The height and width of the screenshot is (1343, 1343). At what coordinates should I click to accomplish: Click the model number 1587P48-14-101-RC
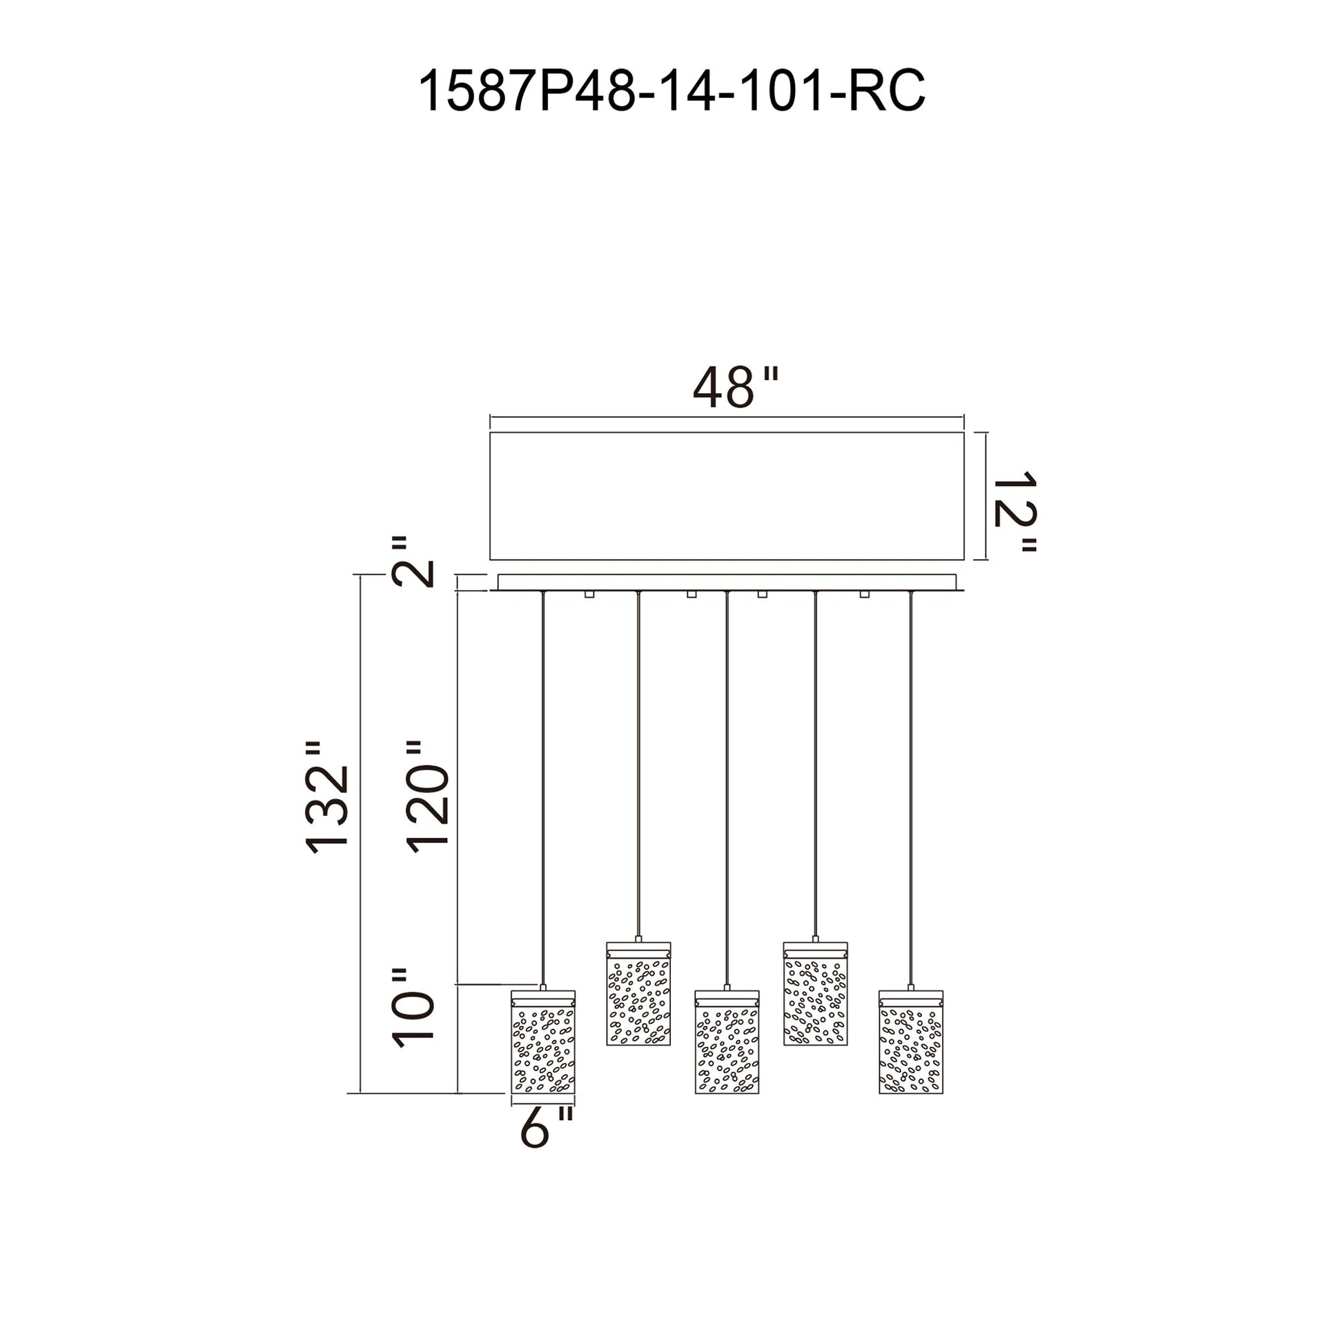(x=671, y=91)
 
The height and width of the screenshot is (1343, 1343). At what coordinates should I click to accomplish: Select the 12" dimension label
(x=1015, y=511)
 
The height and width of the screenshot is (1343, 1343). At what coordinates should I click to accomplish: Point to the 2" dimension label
(x=414, y=562)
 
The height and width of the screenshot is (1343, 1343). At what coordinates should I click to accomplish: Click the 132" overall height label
(x=326, y=796)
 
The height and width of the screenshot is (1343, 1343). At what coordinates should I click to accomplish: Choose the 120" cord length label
(x=427, y=796)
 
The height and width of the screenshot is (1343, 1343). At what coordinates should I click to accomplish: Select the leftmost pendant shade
(x=543, y=1041)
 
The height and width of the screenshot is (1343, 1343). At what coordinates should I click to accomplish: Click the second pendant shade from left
(x=638, y=993)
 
